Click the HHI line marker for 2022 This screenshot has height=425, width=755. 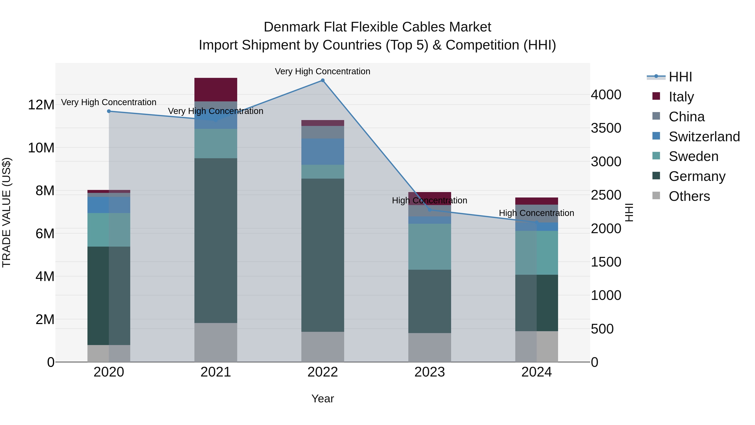323,80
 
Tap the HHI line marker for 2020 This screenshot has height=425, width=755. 109,111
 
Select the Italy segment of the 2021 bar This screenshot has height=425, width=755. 216,89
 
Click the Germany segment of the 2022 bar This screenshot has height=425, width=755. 323,255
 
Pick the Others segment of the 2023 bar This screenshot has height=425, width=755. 430,347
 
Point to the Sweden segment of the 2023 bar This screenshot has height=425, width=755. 430,247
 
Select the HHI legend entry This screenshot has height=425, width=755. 680,77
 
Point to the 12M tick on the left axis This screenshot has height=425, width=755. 41,105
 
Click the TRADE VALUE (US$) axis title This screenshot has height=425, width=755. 7,212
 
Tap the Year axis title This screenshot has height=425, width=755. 323,399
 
